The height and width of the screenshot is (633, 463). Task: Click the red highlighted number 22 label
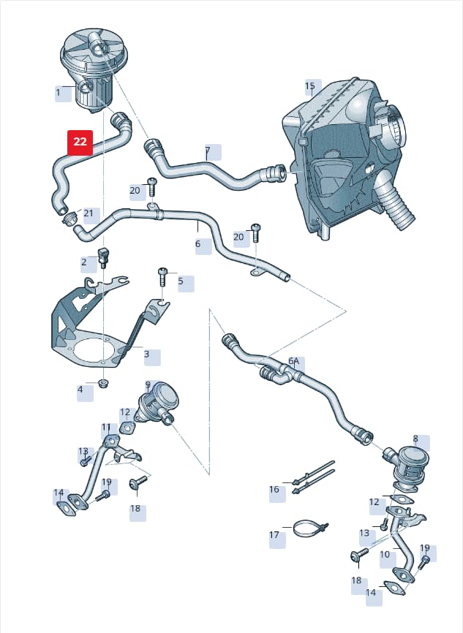coord(80,142)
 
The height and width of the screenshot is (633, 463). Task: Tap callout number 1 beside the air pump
coord(58,92)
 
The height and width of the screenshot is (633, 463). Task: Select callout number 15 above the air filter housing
coord(309,86)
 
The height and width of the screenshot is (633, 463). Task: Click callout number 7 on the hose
coord(208,151)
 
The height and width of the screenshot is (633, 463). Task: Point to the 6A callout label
coord(294,360)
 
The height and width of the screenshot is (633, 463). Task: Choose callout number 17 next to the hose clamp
coord(274,535)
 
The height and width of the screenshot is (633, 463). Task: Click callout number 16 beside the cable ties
coord(274,489)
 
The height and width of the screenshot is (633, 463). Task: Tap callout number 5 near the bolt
coord(181,281)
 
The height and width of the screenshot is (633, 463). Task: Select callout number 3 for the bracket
coord(146,354)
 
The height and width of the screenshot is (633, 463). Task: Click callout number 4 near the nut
coord(80,390)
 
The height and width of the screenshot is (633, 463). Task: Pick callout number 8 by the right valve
coord(415,439)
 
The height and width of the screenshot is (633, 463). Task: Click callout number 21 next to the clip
coord(89,213)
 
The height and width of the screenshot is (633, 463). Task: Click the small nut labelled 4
coord(104,383)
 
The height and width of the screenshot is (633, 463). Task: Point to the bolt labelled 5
coord(162,276)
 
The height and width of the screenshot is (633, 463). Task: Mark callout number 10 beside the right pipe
coord(385,554)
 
